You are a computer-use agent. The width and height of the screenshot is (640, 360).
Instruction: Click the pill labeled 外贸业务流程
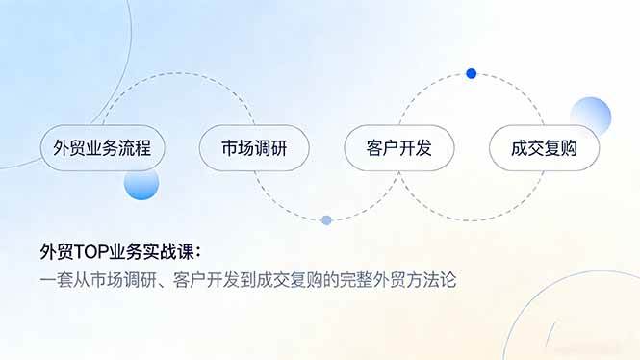(x=103, y=149)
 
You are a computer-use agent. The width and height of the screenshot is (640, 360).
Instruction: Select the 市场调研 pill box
(x=253, y=149)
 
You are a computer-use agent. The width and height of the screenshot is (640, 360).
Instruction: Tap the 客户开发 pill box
(x=398, y=149)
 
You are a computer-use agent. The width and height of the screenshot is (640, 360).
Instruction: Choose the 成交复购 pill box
(x=543, y=149)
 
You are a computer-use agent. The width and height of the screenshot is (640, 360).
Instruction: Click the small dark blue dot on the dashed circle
(x=471, y=73)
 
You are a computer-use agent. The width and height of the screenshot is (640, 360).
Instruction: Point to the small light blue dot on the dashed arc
(x=326, y=220)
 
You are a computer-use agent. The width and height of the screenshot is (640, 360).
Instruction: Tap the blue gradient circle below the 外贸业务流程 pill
(x=141, y=183)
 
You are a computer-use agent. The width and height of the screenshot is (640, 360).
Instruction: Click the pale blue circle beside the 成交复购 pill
(x=590, y=116)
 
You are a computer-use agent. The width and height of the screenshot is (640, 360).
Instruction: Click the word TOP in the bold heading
(x=89, y=252)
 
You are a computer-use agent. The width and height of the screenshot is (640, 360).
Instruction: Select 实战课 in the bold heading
(x=176, y=252)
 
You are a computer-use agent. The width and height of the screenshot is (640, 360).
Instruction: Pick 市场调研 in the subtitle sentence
(x=122, y=282)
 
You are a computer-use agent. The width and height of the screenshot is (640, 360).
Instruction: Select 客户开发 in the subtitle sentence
(x=207, y=282)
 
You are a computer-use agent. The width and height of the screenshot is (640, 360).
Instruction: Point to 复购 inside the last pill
(x=558, y=149)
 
